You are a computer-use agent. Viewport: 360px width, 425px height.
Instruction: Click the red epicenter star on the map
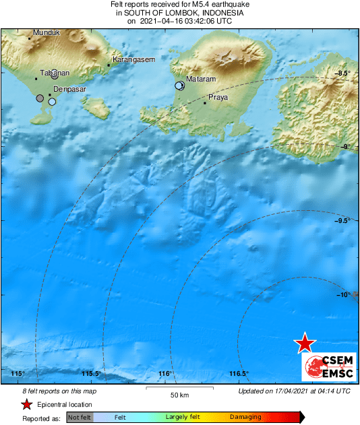point(305,343)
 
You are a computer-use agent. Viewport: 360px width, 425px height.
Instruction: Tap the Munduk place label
point(47,32)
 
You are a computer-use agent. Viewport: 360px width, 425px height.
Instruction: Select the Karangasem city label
point(133,60)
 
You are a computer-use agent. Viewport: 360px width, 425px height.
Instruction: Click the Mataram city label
point(201,79)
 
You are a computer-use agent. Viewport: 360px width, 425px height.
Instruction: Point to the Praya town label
point(218,98)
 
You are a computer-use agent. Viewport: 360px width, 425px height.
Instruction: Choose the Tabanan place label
point(55,73)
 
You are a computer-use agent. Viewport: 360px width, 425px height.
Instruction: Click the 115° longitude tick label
point(18,374)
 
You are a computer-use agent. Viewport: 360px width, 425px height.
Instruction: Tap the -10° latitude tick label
point(343,295)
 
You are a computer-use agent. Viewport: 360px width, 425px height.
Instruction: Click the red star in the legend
point(26,404)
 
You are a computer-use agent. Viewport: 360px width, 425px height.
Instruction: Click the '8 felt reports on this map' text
point(51,391)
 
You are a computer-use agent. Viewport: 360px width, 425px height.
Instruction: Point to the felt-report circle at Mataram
point(179,86)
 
